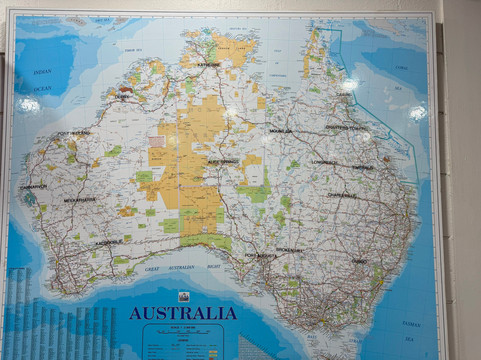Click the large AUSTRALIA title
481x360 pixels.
(x=183, y=313)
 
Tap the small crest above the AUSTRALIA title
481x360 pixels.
(x=183, y=296)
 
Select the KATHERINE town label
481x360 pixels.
(x=208, y=63)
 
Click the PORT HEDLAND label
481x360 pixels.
(x=74, y=132)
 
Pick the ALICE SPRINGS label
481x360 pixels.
(x=222, y=160)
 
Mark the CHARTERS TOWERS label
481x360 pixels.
(x=347, y=127)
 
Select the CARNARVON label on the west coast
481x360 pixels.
(x=34, y=186)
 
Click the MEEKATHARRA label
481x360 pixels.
(x=80, y=200)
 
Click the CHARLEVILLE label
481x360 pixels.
(x=342, y=195)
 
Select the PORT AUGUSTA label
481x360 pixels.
(x=262, y=255)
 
